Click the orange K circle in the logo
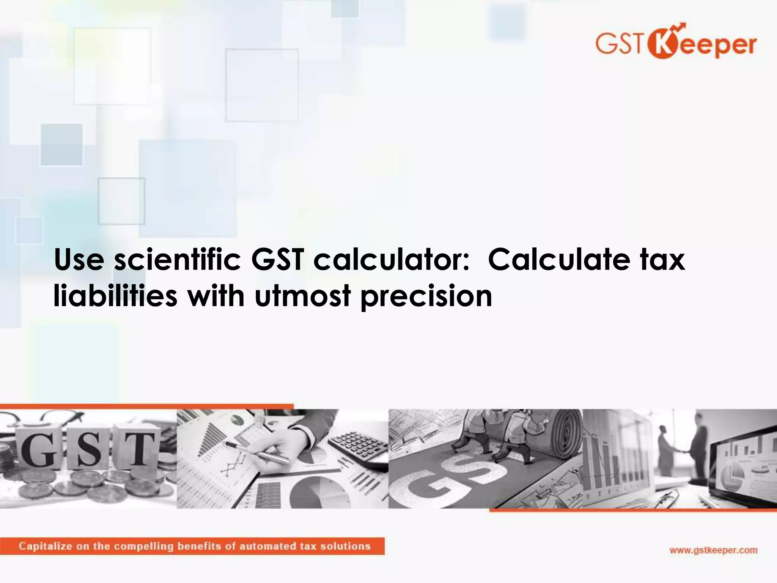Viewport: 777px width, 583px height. [x=661, y=44]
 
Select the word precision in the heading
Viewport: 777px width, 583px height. [x=426, y=296]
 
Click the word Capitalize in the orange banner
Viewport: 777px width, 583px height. [x=45, y=546]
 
